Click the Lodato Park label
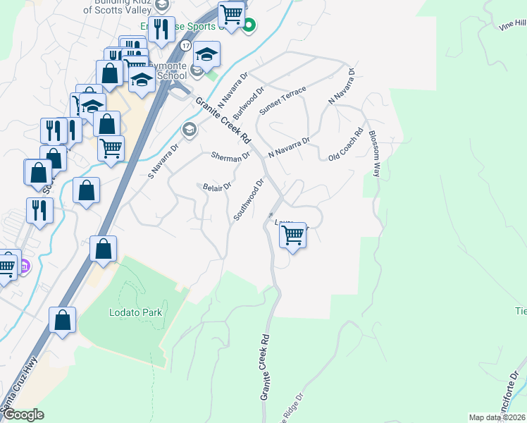tap(136, 312)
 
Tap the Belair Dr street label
tap(217, 187)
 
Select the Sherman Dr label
tap(231, 156)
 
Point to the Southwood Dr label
tap(249, 200)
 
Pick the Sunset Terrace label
tap(283, 101)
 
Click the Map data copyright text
tap(497, 417)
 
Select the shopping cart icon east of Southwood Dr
tap(292, 235)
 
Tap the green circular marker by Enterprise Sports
tap(248, 27)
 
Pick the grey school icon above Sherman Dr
tap(189, 129)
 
